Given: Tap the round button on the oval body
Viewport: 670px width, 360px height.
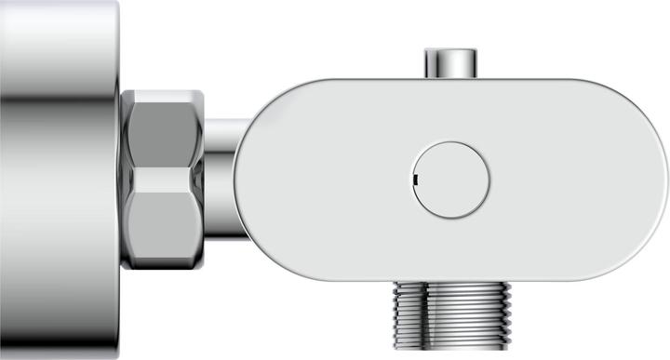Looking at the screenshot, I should pos(452,178).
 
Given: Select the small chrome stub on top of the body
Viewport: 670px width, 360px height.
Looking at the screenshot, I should pos(451,63).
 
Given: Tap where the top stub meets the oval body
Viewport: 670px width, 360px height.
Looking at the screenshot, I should pos(451,77).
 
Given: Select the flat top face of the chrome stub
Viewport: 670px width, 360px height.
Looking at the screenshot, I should pos(451,50).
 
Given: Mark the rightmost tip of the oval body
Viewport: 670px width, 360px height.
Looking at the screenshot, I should pos(667,178).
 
